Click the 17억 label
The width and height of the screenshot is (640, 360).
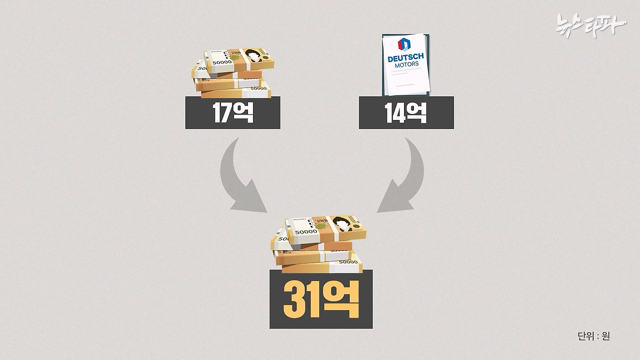pyautogui.click(x=232, y=113)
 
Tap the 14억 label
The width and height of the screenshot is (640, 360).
pyautogui.click(x=406, y=113)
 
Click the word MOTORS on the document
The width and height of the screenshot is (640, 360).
pyautogui.click(x=405, y=64)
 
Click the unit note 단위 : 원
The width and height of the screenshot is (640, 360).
pyautogui.click(x=593, y=336)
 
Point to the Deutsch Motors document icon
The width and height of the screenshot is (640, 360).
pyautogui.click(x=405, y=64)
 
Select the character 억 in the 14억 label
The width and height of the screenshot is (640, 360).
pyautogui.click(x=416, y=113)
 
